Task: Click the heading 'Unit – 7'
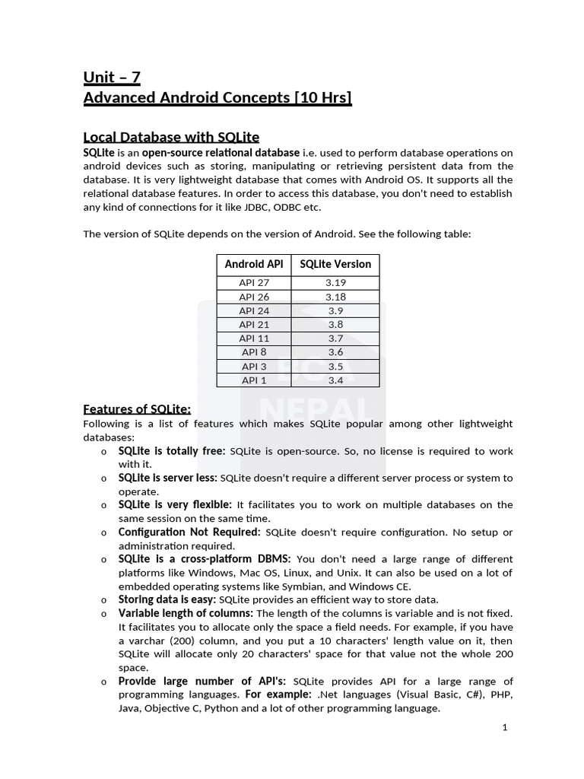coord(112,77)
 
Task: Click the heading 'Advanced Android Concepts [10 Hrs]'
coord(217,97)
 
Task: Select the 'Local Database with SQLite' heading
coord(171,137)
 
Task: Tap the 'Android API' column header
coord(254,264)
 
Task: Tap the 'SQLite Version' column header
coord(335,264)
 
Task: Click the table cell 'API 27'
coord(254,283)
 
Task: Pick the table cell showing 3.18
coord(335,297)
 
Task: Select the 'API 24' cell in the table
coord(254,310)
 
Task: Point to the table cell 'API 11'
coord(254,339)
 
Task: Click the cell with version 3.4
coord(335,380)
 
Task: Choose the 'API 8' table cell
coord(254,352)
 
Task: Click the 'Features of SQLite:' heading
coord(137,409)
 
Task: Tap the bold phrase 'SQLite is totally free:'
coord(172,451)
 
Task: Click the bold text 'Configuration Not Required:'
coord(189,532)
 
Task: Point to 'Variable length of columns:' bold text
coord(186,613)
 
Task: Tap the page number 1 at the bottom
coord(504,727)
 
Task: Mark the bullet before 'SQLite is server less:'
coord(103,479)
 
